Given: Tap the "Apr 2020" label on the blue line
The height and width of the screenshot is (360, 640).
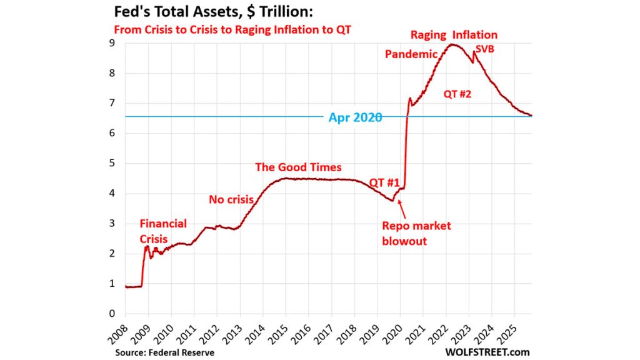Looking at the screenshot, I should (355, 117).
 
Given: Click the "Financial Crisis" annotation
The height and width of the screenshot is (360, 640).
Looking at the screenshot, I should (162, 231).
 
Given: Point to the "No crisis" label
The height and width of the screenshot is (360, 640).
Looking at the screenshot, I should (231, 199).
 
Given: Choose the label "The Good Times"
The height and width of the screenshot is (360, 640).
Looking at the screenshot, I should (298, 167).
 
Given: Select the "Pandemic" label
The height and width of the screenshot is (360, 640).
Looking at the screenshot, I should (411, 54).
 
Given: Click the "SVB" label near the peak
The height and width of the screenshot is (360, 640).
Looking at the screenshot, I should (485, 49).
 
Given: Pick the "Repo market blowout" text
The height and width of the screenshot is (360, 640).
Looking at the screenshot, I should (416, 233).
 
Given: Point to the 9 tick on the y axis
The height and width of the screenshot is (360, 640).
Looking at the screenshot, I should (112, 43).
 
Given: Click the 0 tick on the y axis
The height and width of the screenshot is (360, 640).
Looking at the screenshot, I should (112, 314).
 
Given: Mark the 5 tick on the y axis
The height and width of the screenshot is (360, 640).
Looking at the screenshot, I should (112, 163).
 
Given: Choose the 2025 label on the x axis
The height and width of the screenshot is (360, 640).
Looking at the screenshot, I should (509, 332).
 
